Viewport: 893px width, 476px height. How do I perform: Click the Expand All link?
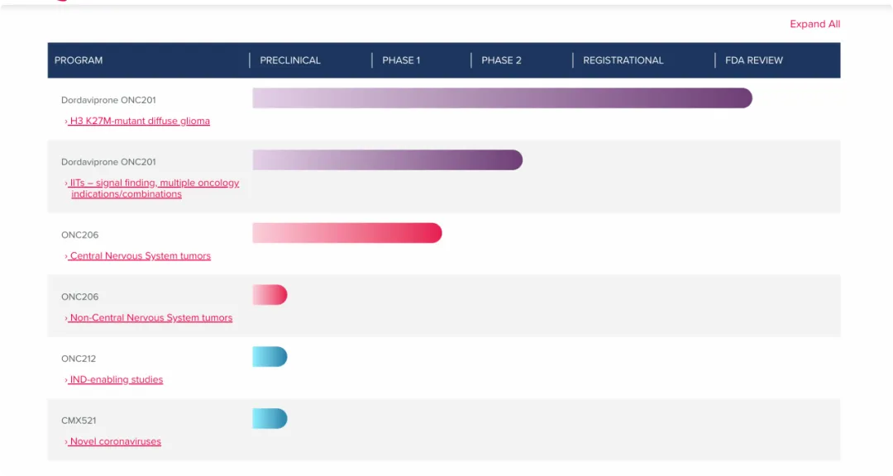click(x=814, y=24)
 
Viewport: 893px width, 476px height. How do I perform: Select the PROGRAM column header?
click(x=79, y=60)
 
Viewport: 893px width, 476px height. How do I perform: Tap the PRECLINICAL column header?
click(x=290, y=60)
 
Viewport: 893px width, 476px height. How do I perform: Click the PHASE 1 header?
click(x=401, y=60)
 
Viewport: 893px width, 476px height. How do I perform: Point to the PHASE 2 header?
click(x=501, y=60)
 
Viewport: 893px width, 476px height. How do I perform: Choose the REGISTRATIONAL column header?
click(x=623, y=60)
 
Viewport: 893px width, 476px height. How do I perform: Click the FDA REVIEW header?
click(x=753, y=60)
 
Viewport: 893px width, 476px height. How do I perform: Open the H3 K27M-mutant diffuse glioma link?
click(x=139, y=121)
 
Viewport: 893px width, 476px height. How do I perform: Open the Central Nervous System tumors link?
click(x=140, y=256)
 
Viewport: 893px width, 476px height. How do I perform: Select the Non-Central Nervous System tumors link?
click(x=150, y=318)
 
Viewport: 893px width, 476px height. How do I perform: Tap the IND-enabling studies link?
click(x=116, y=380)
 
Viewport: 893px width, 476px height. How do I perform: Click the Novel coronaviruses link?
click(x=115, y=442)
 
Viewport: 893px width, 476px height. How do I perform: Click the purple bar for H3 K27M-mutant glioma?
click(x=502, y=98)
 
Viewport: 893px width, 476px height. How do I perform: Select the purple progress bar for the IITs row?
click(x=387, y=160)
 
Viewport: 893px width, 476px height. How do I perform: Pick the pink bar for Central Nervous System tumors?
click(x=347, y=233)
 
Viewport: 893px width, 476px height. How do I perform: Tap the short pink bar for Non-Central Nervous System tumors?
click(x=270, y=295)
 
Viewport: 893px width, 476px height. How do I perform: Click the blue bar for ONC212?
click(x=270, y=357)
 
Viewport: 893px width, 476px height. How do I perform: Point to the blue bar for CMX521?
click(x=270, y=419)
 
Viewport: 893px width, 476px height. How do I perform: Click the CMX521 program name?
click(x=79, y=421)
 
